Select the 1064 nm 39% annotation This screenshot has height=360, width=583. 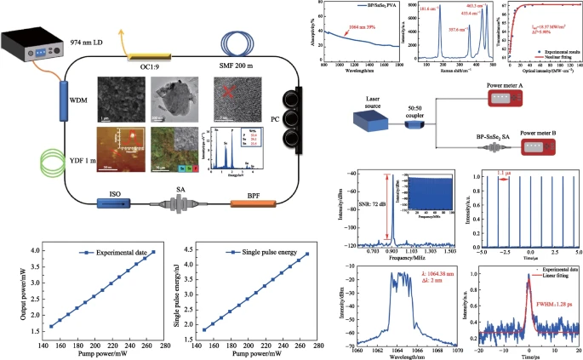click(x=361, y=29)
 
